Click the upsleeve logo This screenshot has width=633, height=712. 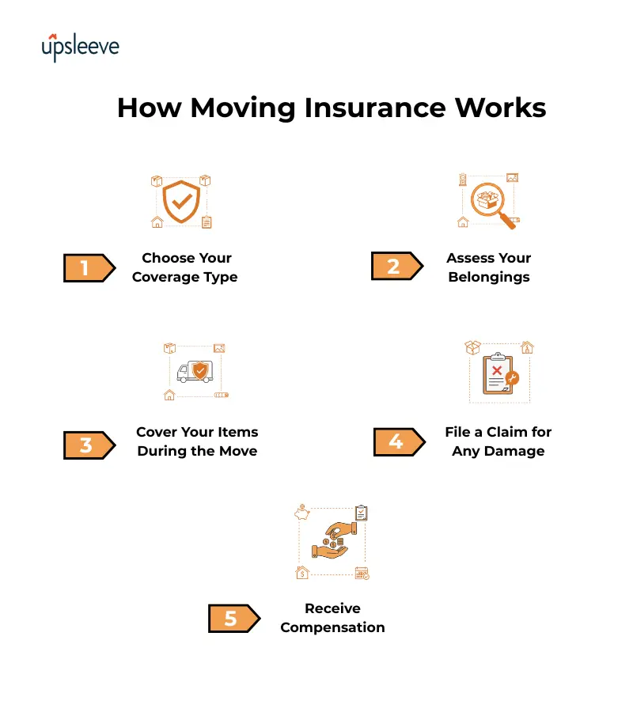80,47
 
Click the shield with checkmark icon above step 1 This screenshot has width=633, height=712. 181,201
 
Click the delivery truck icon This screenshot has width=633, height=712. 195,371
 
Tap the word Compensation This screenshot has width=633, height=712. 332,627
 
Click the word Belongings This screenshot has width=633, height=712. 489,277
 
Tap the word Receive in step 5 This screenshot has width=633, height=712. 332,608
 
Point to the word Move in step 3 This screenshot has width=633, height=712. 239,451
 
